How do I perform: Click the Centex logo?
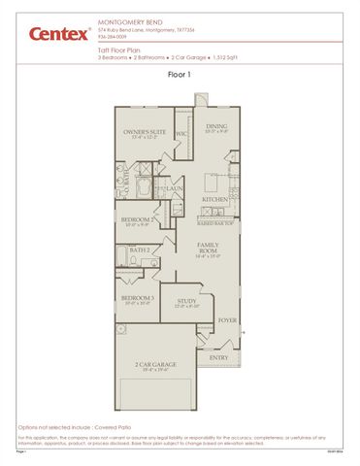[58, 34]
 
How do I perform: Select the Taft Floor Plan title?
[120, 48]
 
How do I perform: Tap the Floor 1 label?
[180, 73]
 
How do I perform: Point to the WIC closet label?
[181, 133]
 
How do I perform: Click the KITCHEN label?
[215, 198]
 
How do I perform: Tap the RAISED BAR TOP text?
[215, 222]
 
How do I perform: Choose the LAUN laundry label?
[176, 188]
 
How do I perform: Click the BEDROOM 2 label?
[137, 219]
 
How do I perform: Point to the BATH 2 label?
[140, 250]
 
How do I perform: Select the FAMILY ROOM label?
[208, 248]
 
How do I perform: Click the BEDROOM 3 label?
[137, 298]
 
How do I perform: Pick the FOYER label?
[226, 318]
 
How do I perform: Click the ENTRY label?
[218, 356]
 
